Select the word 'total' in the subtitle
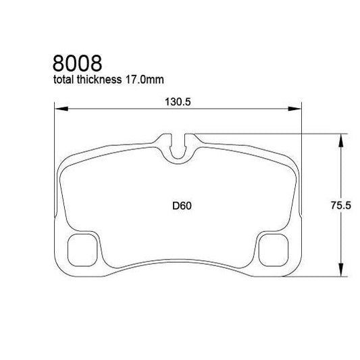tap(66, 81)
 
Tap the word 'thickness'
tap(101, 81)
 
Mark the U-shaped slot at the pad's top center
tap(178, 147)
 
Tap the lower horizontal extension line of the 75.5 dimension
tap(317, 276)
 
